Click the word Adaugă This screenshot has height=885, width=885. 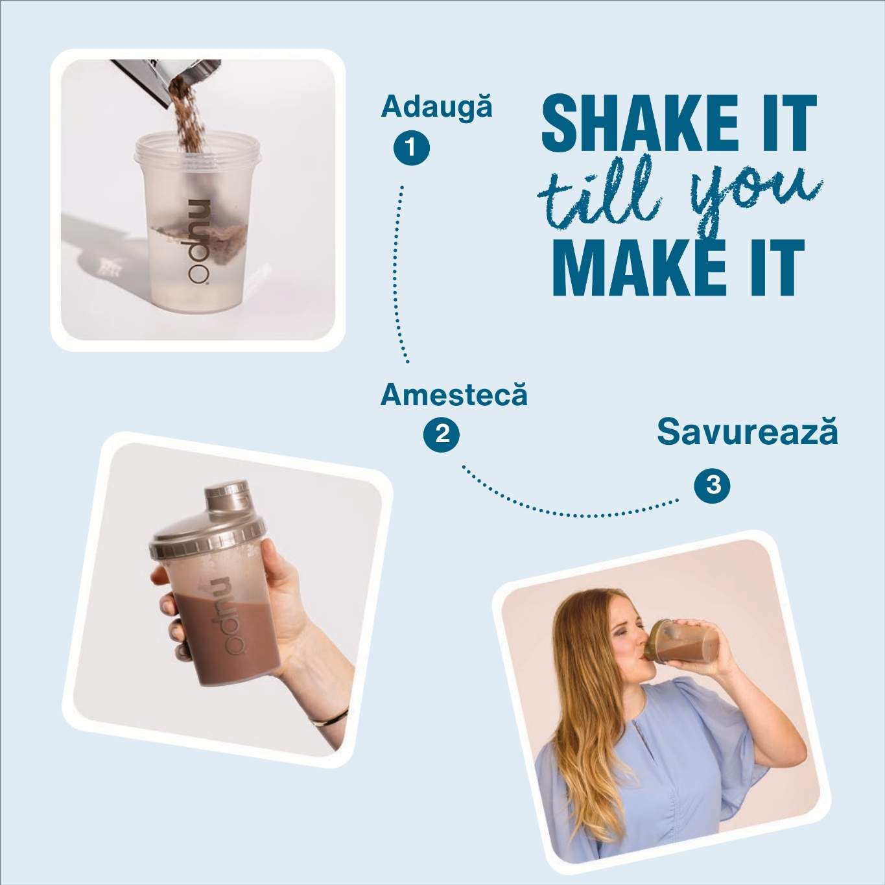point(436,108)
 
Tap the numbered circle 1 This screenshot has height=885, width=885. point(412,148)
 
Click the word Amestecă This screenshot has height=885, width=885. point(454,395)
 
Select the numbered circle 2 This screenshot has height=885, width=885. point(441,434)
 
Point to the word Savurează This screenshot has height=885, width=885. point(748,432)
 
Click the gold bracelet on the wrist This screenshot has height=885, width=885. point(328,717)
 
